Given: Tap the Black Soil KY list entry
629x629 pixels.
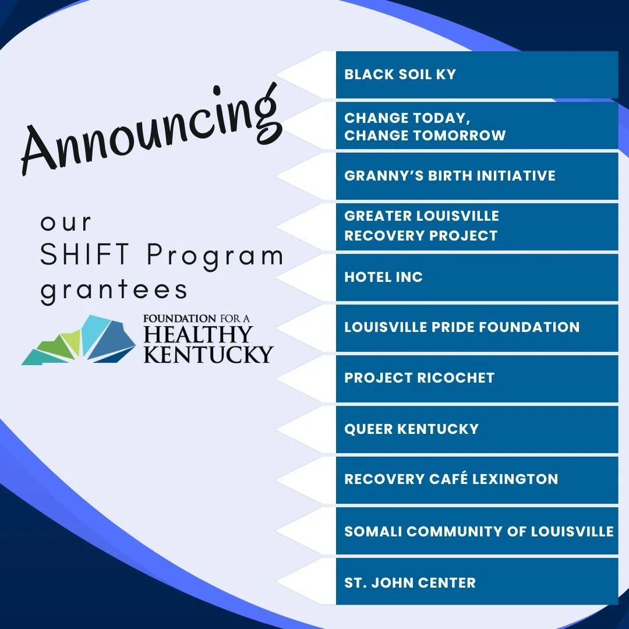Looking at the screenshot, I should tap(400, 75).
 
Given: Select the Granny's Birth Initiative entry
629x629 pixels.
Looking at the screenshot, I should tap(450, 176).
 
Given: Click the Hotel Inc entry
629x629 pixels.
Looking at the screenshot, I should tap(383, 277).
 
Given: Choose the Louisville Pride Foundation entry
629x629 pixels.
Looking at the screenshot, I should tap(462, 327).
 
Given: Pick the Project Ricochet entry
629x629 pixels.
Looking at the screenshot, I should tap(419, 378).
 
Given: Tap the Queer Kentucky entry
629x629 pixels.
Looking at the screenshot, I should tap(411, 429).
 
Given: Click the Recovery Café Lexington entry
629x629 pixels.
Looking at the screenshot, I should tap(451, 479).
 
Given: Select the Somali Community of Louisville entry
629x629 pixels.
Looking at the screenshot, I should tap(479, 531).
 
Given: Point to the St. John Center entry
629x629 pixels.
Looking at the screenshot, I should tap(410, 582).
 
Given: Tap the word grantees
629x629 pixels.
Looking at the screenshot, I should tap(114, 290).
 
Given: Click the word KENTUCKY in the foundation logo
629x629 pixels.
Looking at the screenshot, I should tap(208, 354).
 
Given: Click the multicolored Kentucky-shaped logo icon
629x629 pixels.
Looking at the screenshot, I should tap(79, 340).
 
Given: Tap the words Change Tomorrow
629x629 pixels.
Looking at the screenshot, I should tap(425, 136).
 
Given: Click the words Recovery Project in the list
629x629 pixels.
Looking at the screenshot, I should tap(420, 236).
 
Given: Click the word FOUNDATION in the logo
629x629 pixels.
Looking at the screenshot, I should tap(180, 319).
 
